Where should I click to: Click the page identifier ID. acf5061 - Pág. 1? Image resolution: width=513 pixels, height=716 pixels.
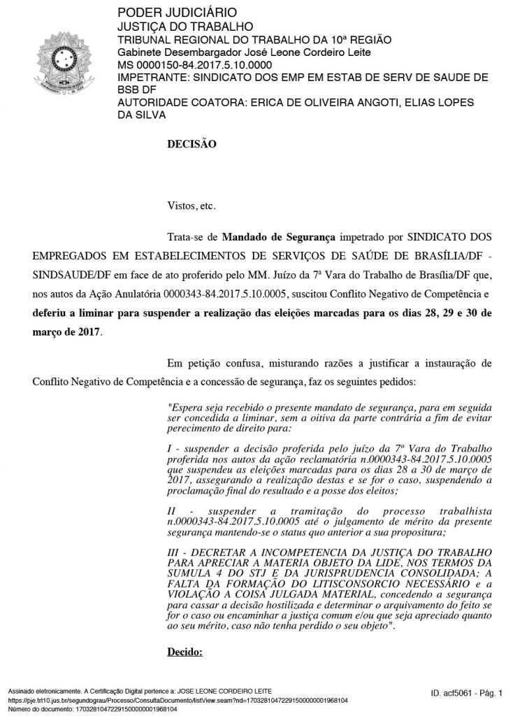tap(467, 693)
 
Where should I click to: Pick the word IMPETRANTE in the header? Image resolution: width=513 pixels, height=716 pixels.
tap(152, 77)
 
